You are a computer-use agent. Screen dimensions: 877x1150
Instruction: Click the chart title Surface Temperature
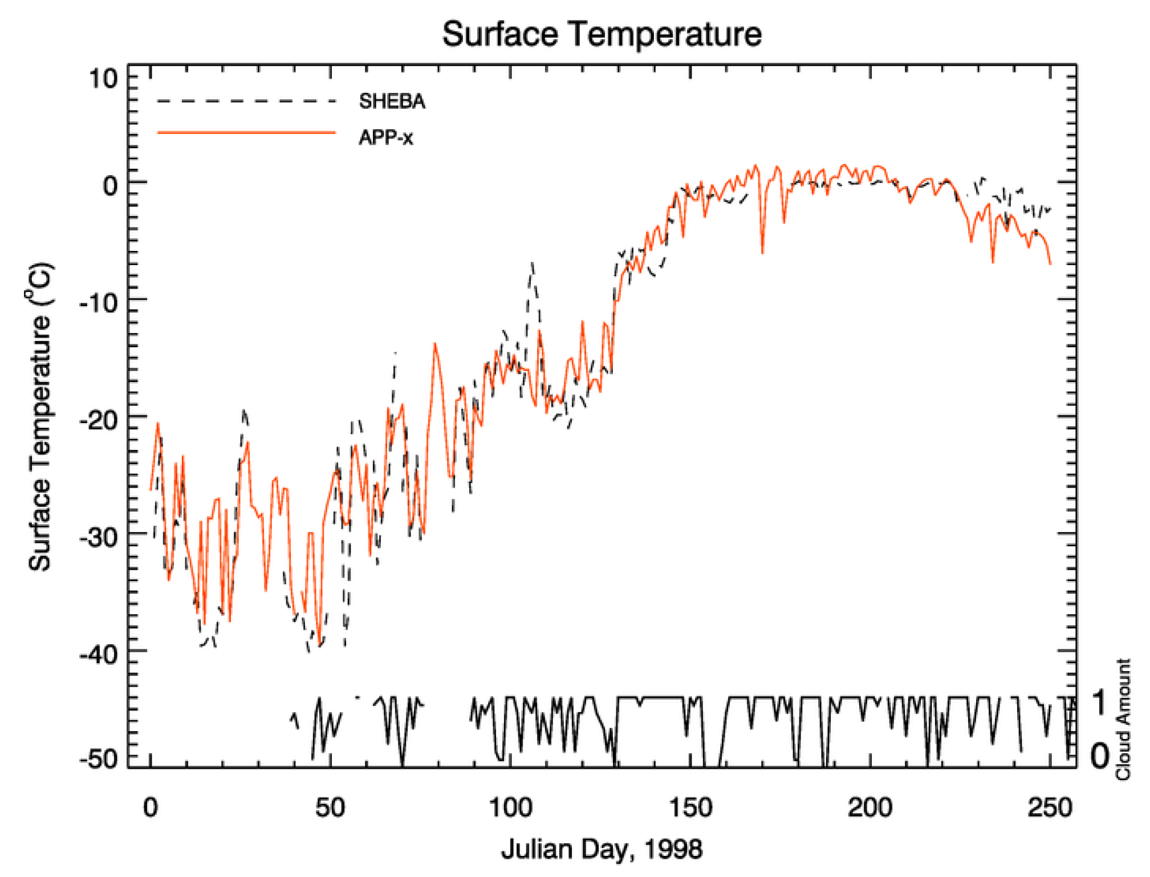pos(602,34)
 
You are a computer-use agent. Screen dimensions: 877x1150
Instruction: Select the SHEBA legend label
pos(392,101)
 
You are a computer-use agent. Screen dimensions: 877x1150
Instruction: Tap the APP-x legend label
pos(385,137)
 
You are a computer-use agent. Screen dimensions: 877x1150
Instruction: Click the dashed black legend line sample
pos(246,101)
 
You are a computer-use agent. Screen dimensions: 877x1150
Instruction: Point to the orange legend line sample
pos(246,133)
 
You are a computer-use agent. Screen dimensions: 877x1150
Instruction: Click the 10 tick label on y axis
pos(103,78)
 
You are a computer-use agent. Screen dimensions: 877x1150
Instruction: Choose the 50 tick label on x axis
pos(330,808)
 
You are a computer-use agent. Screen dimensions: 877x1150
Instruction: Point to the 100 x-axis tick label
pos(510,808)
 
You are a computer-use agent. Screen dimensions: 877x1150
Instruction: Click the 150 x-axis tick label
pos(690,808)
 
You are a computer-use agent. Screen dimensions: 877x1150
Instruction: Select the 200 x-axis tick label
pos(870,808)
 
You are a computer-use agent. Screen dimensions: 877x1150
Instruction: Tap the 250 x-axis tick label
pos(1050,808)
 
